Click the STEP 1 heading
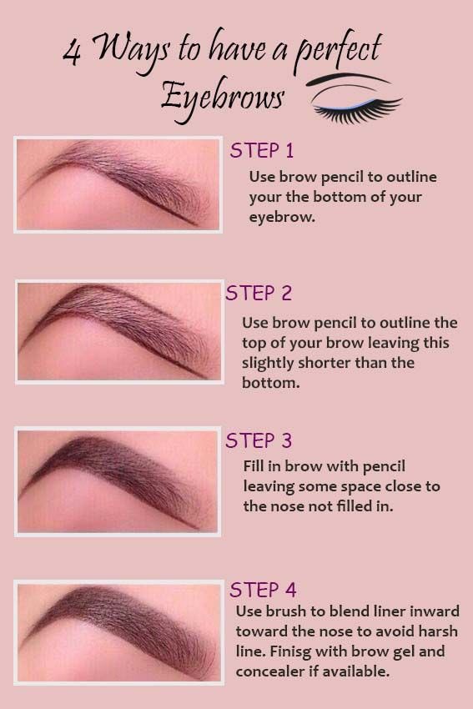pyautogui.click(x=262, y=151)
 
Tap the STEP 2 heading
pyautogui.click(x=259, y=294)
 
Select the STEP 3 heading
pyautogui.click(x=259, y=440)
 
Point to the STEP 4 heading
pyautogui.click(x=263, y=591)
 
